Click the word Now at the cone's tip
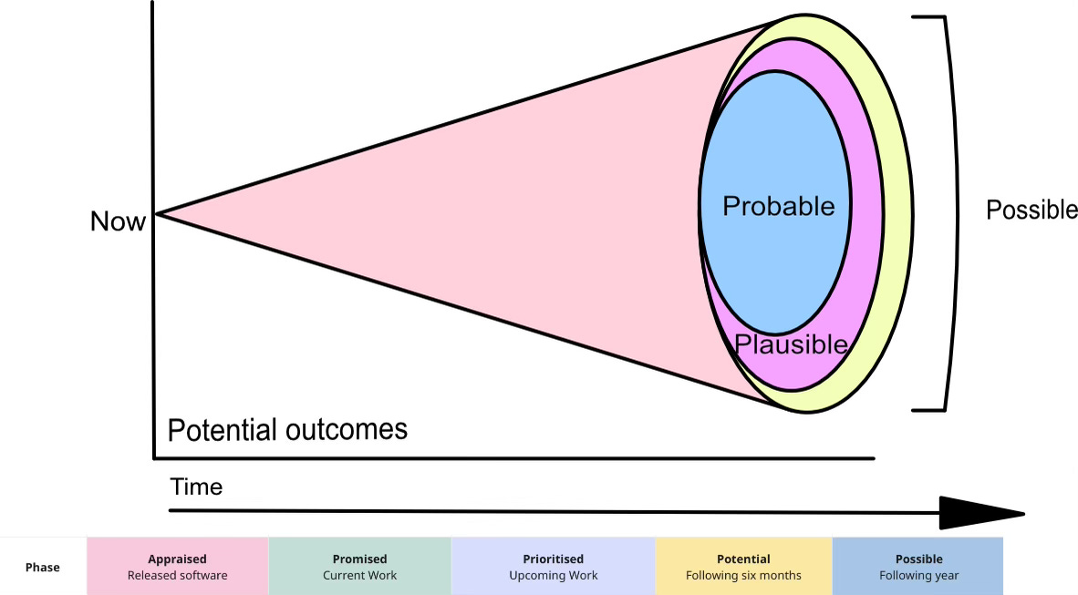(118, 221)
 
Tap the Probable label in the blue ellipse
(778, 206)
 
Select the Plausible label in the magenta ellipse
(791, 344)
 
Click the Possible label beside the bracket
(1031, 210)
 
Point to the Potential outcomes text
(287, 429)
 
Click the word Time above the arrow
(196, 487)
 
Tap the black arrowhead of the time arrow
(980, 512)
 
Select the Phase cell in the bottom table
(43, 567)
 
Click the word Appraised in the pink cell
(177, 559)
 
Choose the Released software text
(177, 575)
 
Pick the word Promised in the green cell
(359, 559)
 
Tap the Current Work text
(359, 575)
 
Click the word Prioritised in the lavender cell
(553, 559)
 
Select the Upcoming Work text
(553, 575)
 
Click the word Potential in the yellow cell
(743, 559)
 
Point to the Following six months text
(743, 575)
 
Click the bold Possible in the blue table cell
(918, 559)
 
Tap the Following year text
(918, 575)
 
